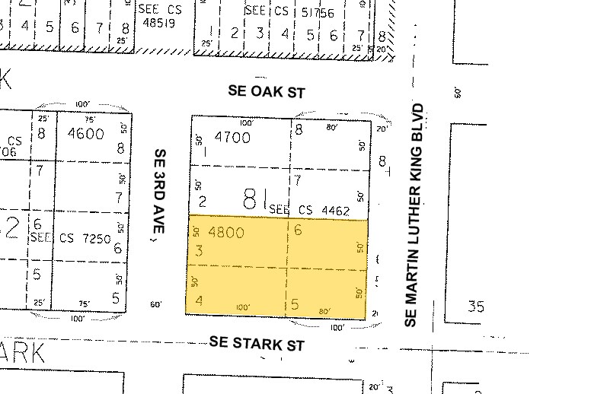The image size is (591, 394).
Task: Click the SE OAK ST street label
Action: pyautogui.click(x=267, y=92)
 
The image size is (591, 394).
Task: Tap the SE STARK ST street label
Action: pyautogui.click(x=257, y=345)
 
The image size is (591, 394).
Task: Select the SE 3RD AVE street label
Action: pyautogui.click(x=159, y=194)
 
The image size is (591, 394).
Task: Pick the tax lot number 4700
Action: pyautogui.click(x=232, y=138)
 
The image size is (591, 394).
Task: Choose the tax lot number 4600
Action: pyautogui.click(x=85, y=134)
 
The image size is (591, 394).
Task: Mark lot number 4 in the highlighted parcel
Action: pyautogui.click(x=199, y=301)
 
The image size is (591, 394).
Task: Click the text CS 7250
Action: pyautogui.click(x=77, y=238)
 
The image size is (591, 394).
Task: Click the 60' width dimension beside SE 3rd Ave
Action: pyautogui.click(x=156, y=305)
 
